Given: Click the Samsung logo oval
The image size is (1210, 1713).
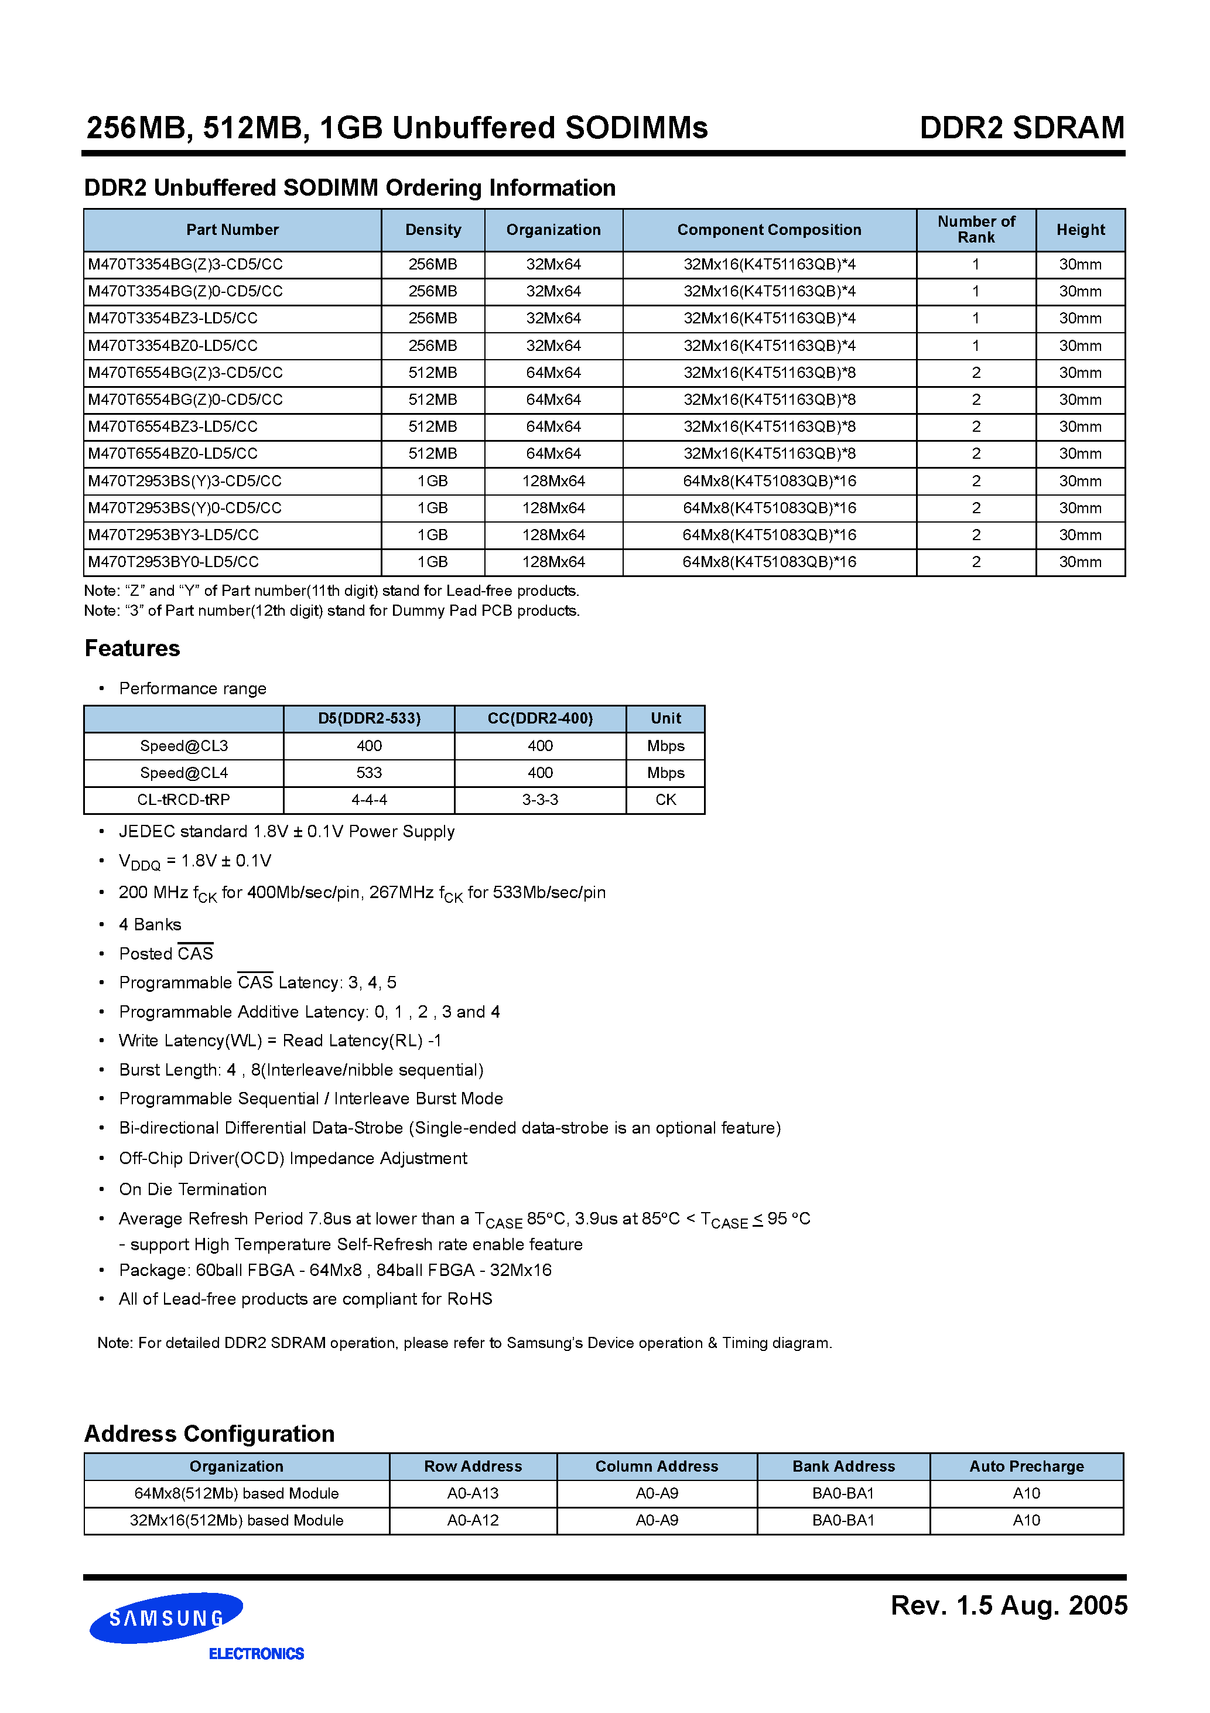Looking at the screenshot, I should (x=166, y=1617).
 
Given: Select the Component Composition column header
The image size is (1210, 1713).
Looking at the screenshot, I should (x=768, y=230).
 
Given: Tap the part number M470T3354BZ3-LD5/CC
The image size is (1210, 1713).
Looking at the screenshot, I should (x=173, y=319).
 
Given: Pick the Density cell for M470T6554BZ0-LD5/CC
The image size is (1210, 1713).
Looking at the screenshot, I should (x=433, y=453).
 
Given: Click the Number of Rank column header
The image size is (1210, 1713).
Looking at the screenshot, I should (x=976, y=230).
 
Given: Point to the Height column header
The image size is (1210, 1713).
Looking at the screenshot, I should (x=1080, y=230).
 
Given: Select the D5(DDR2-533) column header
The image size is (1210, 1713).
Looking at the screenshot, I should (x=369, y=718).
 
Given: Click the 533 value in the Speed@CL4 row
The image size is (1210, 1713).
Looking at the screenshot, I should (x=369, y=773).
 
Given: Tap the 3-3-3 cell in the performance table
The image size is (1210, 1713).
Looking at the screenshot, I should (x=540, y=800).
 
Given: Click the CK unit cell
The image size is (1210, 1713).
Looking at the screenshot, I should (x=665, y=800).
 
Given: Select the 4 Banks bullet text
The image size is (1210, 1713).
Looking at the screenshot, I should (x=150, y=924).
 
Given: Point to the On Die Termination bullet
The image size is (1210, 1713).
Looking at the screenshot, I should (x=193, y=1189).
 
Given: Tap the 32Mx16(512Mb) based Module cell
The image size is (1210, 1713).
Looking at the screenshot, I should (x=237, y=1520).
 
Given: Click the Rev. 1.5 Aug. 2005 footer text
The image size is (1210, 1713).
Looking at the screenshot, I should (x=1009, y=1606).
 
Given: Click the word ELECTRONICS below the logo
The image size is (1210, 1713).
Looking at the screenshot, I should (x=256, y=1654).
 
